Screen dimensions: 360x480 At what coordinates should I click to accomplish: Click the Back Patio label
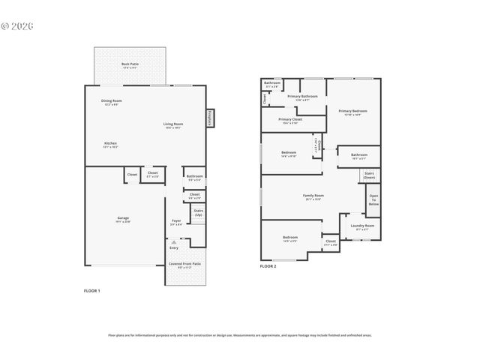point(130,65)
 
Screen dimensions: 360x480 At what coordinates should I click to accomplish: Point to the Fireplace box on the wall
point(210,118)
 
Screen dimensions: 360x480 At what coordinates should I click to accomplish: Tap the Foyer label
point(176,221)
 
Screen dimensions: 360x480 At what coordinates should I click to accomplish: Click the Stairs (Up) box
point(199,213)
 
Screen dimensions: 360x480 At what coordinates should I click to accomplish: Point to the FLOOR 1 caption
point(91,290)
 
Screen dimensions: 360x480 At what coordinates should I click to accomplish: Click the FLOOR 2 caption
point(268,266)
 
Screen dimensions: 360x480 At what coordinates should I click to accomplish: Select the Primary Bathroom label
point(302,97)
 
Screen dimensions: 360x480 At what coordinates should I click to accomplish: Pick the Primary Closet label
point(290,120)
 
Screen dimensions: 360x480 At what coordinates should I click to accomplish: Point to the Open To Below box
point(373,200)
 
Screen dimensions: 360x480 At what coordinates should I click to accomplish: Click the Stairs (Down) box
point(369,175)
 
